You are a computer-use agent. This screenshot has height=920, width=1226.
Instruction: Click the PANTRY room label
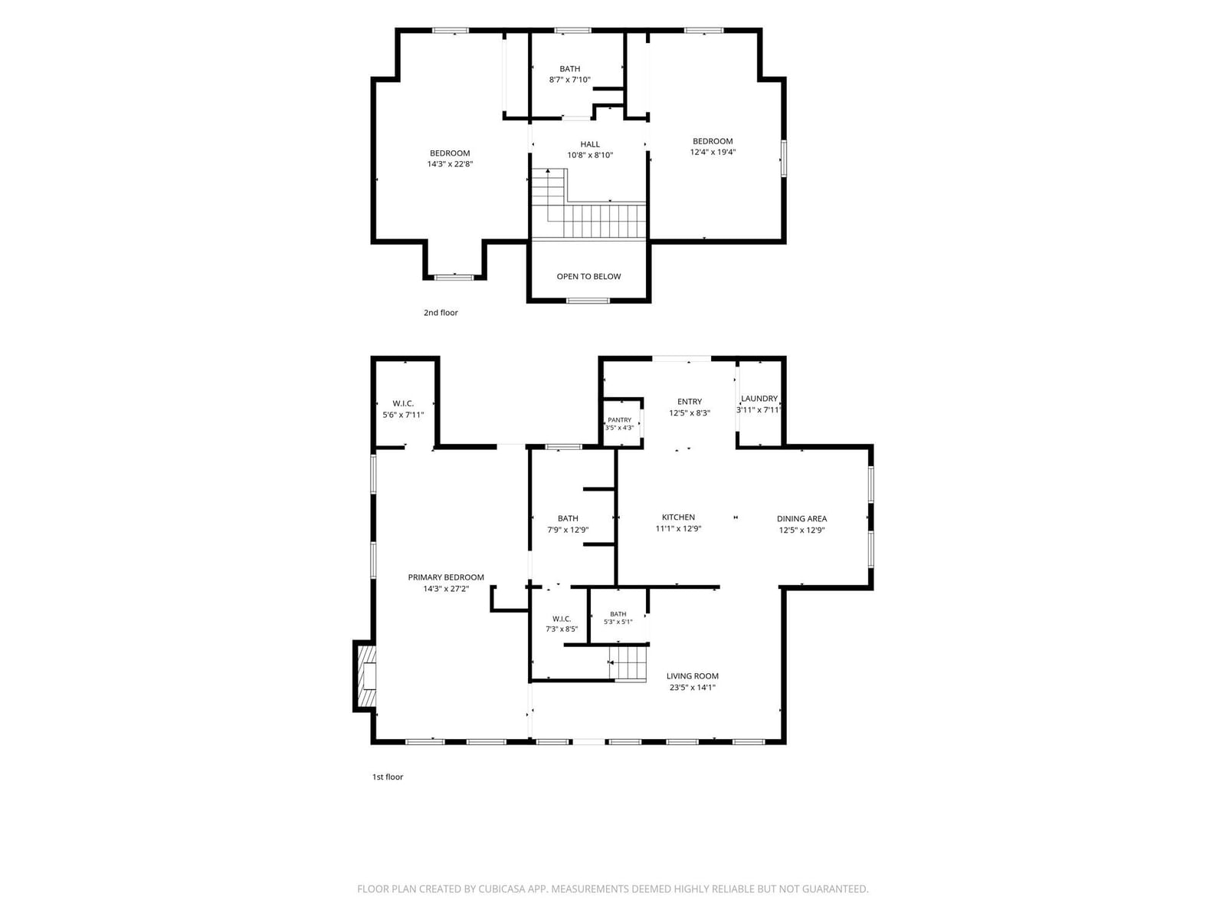tap(619, 419)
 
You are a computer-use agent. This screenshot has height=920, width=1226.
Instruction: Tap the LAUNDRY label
tap(759, 398)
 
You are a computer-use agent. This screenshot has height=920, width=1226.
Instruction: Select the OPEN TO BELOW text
tap(588, 277)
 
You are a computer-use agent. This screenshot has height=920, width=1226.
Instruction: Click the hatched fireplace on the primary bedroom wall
tap(366, 675)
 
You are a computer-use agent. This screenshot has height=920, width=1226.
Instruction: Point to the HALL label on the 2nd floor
tap(590, 144)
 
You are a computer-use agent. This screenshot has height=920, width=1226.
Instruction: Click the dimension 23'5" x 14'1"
tap(693, 687)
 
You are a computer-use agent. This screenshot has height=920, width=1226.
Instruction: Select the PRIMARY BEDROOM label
tap(446, 577)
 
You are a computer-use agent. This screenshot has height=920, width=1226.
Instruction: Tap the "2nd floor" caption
tap(441, 313)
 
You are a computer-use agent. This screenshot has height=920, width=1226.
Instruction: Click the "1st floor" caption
tap(388, 777)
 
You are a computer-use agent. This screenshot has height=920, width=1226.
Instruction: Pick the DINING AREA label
tap(801, 518)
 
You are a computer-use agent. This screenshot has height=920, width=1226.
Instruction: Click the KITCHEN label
tap(678, 517)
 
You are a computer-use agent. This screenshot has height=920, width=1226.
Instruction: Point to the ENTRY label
tap(690, 402)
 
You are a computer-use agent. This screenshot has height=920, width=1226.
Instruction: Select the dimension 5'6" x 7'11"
tap(403, 415)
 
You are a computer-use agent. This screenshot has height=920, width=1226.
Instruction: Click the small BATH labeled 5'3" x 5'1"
tap(618, 614)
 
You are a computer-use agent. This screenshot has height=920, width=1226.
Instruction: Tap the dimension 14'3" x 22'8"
tap(451, 163)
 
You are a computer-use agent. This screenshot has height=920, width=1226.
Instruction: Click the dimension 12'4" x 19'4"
tap(713, 152)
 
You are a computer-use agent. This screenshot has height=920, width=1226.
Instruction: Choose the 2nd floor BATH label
tap(570, 69)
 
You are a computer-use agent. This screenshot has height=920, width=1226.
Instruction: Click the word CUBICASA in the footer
tap(502, 889)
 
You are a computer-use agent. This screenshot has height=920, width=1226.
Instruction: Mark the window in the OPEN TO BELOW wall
tap(588, 301)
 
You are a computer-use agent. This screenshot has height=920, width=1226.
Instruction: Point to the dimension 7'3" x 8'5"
tap(562, 629)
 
